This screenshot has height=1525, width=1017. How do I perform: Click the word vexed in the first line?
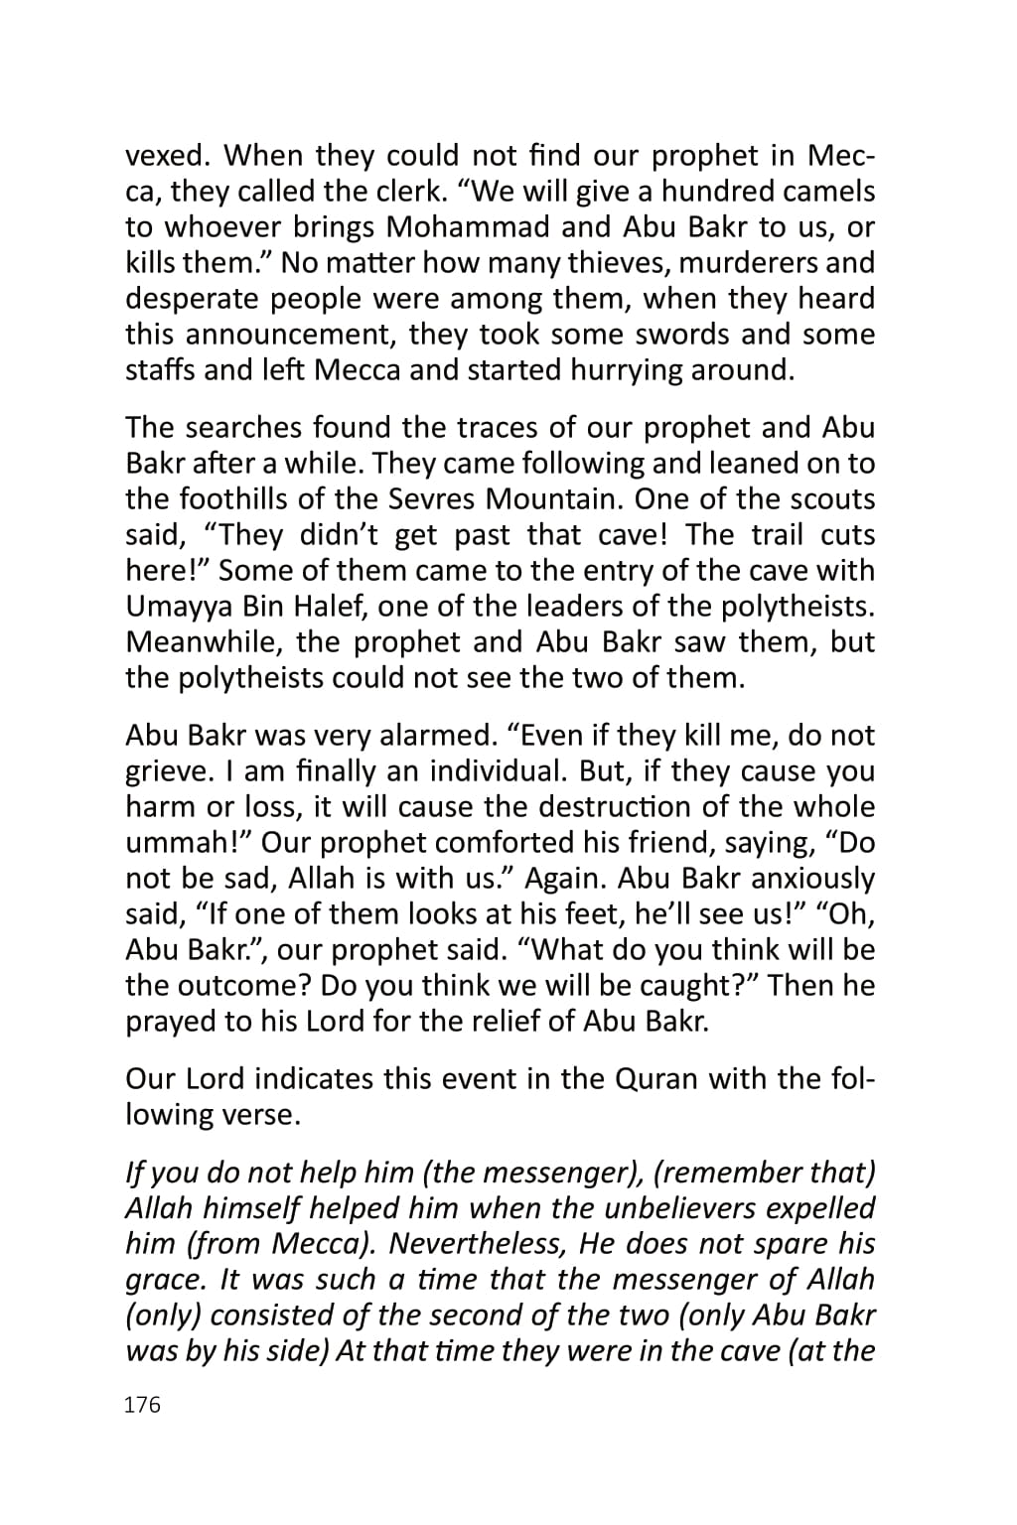pyautogui.click(x=165, y=156)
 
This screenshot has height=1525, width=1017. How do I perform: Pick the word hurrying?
pyautogui.click(x=632, y=370)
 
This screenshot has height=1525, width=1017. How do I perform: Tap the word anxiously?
pyautogui.click(x=812, y=880)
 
